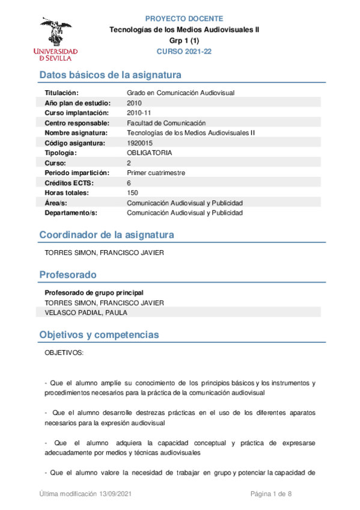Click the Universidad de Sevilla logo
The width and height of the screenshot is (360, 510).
(x=55, y=39)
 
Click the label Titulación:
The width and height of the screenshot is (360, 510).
(x=62, y=93)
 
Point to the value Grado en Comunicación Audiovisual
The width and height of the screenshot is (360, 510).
(x=180, y=93)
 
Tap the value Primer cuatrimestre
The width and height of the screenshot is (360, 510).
(x=156, y=173)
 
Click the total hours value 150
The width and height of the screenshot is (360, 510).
(x=132, y=192)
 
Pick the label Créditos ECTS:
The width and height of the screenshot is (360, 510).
(x=69, y=183)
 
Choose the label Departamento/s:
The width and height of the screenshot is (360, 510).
(x=71, y=213)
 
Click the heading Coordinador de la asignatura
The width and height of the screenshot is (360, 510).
(x=106, y=235)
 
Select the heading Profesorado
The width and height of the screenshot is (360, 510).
(x=67, y=275)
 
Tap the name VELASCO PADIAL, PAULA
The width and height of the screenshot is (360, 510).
(x=86, y=313)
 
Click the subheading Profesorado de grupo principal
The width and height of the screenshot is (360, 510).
(x=94, y=292)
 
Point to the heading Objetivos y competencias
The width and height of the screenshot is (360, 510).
(x=99, y=334)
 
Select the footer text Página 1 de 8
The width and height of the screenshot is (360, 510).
(x=270, y=494)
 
